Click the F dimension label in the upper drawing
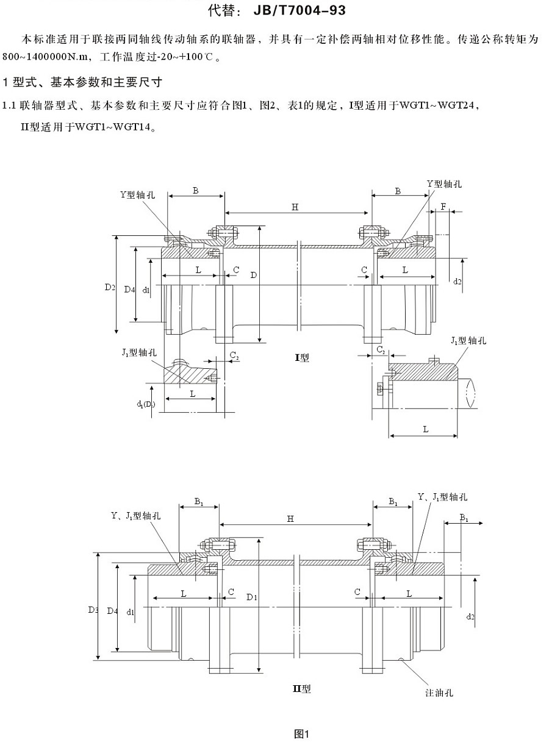click(443, 207)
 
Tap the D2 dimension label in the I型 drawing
click(109, 287)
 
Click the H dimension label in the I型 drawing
click(295, 207)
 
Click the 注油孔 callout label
click(439, 693)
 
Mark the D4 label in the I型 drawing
click(129, 290)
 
